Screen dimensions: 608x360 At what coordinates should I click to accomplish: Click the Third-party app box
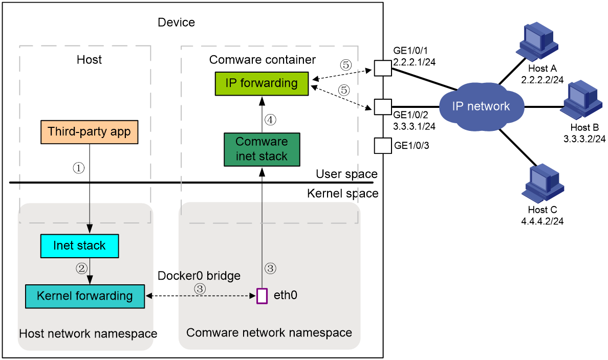click(x=90, y=132)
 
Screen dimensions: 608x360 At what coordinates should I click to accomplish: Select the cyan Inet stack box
click(x=79, y=246)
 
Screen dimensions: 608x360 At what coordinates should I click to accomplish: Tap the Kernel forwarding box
click(x=85, y=297)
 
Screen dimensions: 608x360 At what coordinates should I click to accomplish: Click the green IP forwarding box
click(x=262, y=84)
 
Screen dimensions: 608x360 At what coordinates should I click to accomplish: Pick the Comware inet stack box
click(x=262, y=150)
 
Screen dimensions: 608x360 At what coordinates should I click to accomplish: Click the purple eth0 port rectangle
click(x=262, y=296)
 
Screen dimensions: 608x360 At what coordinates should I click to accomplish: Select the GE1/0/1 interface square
click(x=383, y=68)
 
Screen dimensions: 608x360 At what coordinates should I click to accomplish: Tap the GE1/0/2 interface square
click(x=383, y=107)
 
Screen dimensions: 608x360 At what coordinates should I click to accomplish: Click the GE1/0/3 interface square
click(x=383, y=146)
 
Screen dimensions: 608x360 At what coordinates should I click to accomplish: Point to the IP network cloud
click(x=481, y=106)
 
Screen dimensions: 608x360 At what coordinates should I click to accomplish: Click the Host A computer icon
click(x=537, y=42)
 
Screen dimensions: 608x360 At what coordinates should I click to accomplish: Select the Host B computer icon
click(x=581, y=100)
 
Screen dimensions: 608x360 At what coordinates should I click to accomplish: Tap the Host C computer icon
click(x=542, y=184)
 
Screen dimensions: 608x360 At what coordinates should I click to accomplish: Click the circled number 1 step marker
click(x=79, y=168)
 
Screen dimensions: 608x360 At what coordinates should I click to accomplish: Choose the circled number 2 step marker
click(x=81, y=268)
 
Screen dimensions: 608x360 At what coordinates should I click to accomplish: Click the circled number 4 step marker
click(x=270, y=120)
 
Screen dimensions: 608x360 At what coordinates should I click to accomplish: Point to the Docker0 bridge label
click(x=199, y=276)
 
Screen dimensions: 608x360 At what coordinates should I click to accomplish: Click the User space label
click(x=346, y=174)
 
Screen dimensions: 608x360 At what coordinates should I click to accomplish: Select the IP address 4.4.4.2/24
click(x=542, y=221)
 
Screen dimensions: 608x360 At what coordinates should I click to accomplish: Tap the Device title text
click(x=177, y=22)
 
